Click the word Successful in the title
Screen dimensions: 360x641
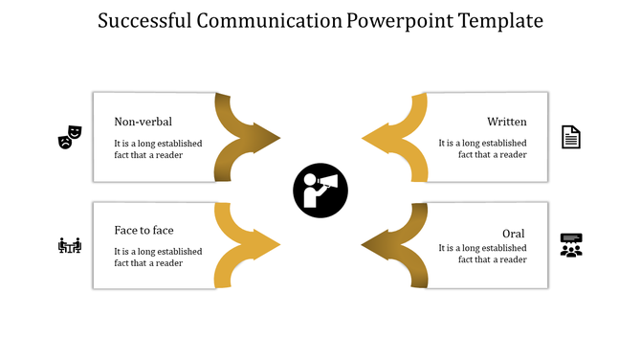(146, 20)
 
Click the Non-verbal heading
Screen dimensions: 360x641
(143, 122)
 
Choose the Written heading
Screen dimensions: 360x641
(506, 122)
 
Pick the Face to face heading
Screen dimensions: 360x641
(144, 230)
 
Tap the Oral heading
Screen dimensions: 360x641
(514, 234)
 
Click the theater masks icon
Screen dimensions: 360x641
(70, 137)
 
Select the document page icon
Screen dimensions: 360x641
(571, 137)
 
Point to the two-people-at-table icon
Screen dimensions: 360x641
(70, 246)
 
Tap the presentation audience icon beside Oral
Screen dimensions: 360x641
(571, 245)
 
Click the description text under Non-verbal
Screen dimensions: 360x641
(158, 148)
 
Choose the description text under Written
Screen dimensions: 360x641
(482, 148)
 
